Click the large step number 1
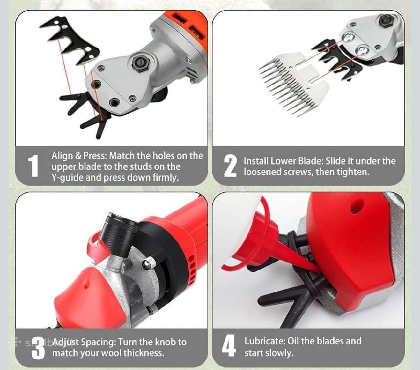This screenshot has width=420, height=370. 33,166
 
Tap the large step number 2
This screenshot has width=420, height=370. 230,166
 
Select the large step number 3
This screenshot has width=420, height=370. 38,348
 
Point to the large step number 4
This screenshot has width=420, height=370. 229,346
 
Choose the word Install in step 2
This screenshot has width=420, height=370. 256,161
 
